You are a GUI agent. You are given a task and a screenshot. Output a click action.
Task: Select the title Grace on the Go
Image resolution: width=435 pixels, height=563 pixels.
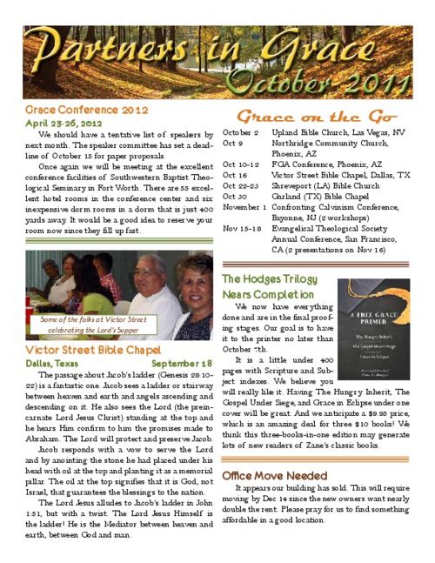(318, 117)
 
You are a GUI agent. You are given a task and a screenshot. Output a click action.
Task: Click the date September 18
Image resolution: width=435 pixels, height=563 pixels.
(182, 363)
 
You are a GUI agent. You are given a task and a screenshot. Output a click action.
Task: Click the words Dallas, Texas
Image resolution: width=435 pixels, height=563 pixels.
(54, 363)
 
